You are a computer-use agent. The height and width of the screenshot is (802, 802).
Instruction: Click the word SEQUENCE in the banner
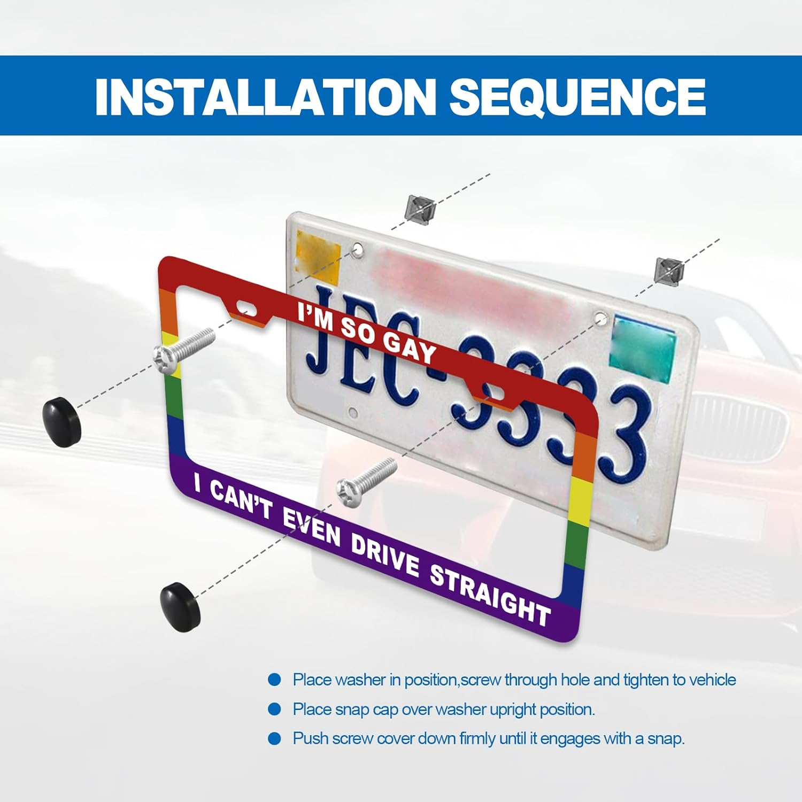578,96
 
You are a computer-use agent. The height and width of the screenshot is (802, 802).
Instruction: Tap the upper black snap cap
61,421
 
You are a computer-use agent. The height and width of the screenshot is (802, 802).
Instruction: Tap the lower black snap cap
181,606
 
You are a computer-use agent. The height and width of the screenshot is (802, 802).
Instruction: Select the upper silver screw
183,350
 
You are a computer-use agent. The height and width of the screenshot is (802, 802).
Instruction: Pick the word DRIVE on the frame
384,555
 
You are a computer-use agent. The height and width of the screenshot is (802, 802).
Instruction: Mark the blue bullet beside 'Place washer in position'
274,680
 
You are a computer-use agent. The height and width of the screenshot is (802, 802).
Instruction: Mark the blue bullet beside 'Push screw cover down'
274,739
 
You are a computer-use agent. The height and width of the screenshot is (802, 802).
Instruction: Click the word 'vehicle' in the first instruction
712,680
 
